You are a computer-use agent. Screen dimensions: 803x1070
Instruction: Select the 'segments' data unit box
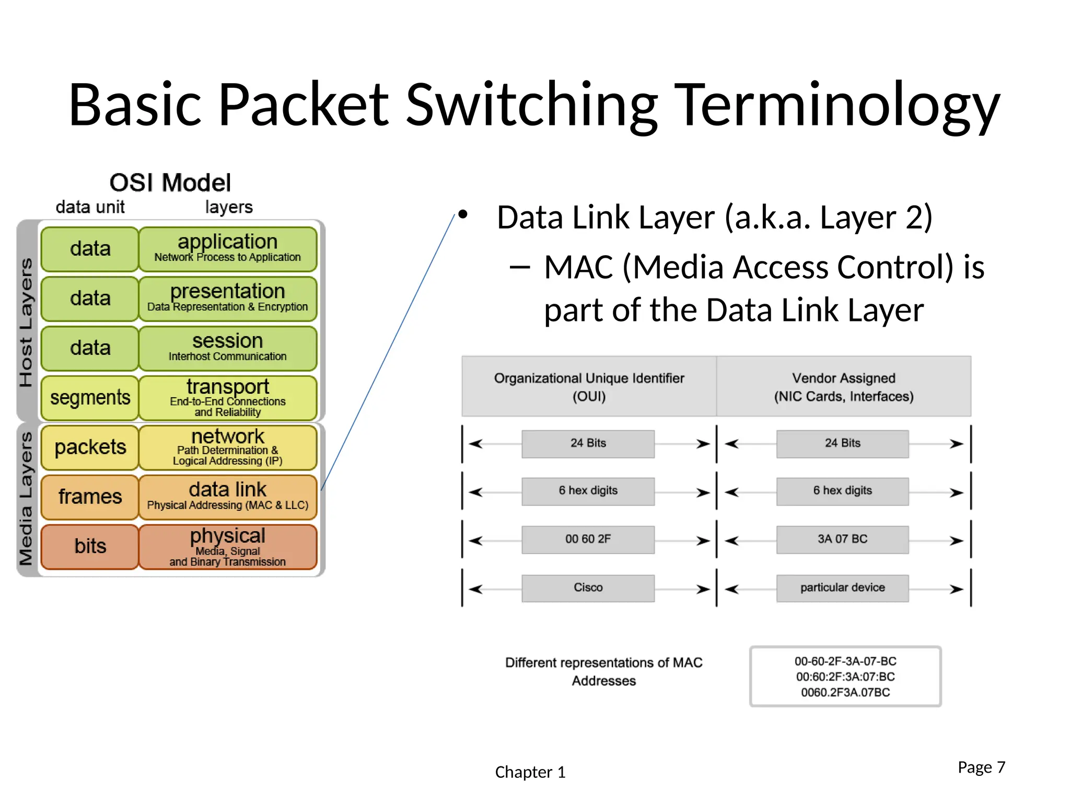90,398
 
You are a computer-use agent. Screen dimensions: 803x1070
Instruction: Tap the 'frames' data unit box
90,497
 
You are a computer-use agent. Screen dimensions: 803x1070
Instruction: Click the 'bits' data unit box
90,546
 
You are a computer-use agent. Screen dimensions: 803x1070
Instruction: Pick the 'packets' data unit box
90,448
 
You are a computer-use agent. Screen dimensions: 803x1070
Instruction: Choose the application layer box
228,249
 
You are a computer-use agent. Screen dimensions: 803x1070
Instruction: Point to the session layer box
228,348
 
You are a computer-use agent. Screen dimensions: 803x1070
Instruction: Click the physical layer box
228,547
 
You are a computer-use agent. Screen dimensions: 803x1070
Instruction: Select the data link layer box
228,497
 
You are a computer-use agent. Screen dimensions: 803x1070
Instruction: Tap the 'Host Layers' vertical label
26,322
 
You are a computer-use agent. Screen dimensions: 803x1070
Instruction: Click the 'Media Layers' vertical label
26,499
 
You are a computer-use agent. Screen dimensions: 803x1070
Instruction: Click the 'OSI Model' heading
170,183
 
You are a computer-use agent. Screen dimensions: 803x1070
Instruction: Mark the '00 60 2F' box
588,539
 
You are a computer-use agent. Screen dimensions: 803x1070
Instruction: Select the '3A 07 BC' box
842,539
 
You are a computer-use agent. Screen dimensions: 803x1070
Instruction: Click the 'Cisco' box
588,588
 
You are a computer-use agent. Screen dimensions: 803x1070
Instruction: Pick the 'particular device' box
842,588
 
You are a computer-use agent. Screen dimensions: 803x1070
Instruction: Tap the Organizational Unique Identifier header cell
589,387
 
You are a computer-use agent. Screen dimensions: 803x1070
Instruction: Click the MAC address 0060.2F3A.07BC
845,693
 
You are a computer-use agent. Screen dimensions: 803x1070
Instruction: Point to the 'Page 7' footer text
981,767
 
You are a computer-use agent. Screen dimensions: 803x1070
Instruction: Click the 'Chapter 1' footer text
530,772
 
